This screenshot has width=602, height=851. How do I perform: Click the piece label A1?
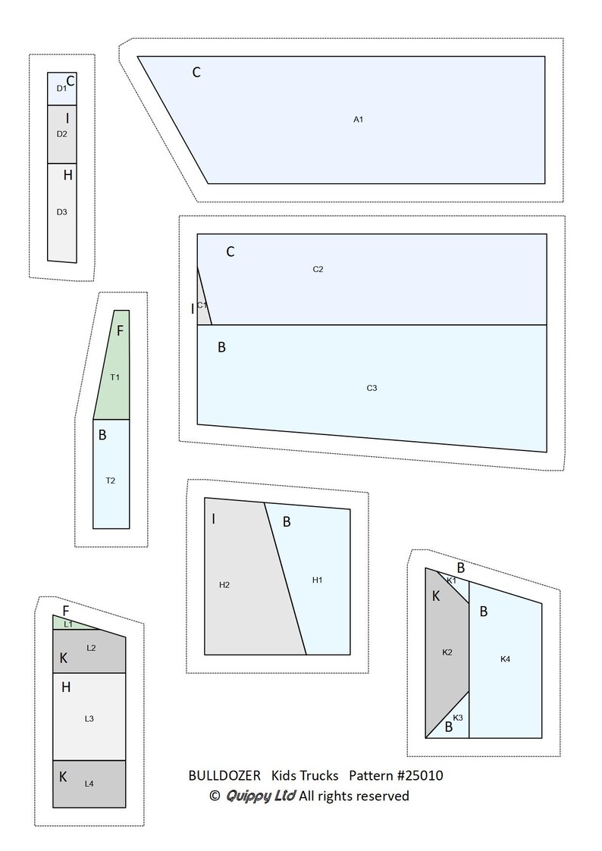359,120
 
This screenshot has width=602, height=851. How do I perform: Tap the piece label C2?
318,269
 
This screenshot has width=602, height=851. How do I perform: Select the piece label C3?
372,388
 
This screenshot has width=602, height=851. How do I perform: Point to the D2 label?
62,134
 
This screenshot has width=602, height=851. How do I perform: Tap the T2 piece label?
110,480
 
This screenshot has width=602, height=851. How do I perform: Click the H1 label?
318,580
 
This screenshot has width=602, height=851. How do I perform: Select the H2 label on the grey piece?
224,585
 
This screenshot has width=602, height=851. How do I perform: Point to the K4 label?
506,659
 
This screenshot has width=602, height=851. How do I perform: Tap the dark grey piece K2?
447,651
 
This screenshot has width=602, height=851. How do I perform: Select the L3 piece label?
89,719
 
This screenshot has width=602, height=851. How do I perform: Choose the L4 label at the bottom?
89,784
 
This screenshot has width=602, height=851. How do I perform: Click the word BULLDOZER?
224,775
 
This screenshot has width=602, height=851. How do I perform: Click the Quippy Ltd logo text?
261,796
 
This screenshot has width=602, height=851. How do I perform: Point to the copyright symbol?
215,796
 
